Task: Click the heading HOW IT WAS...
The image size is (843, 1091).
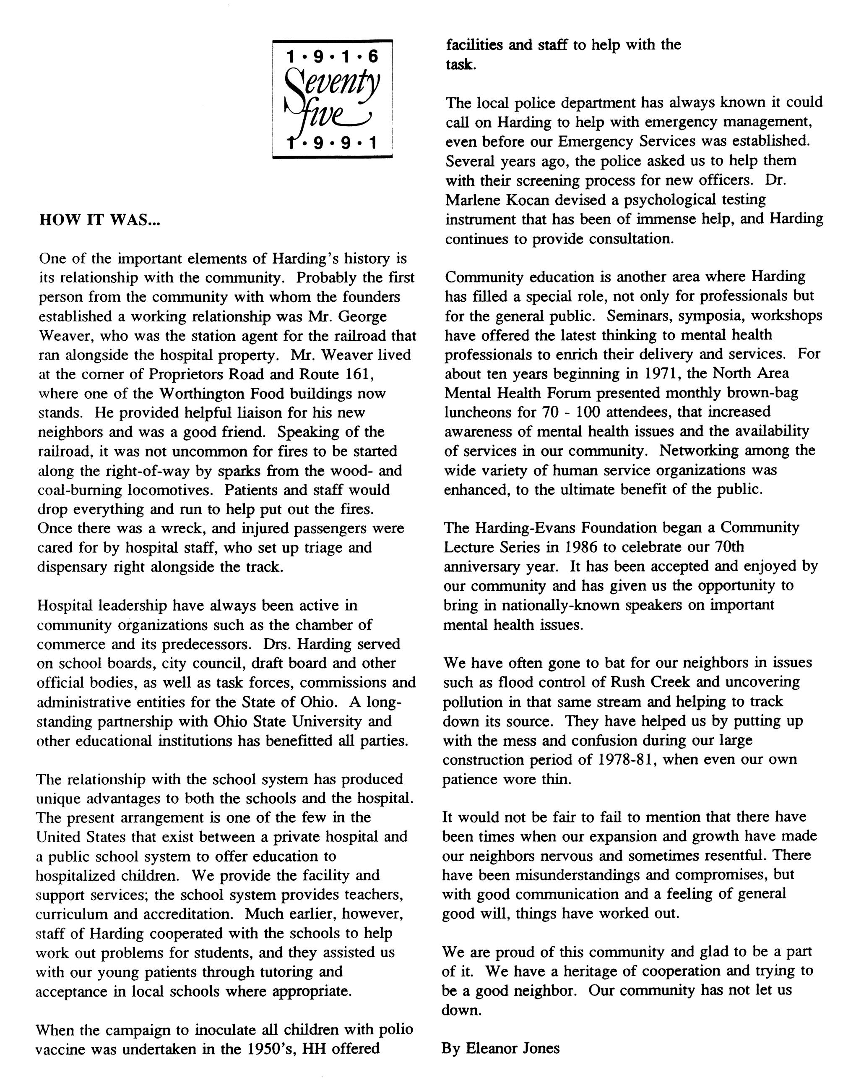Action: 99,220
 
